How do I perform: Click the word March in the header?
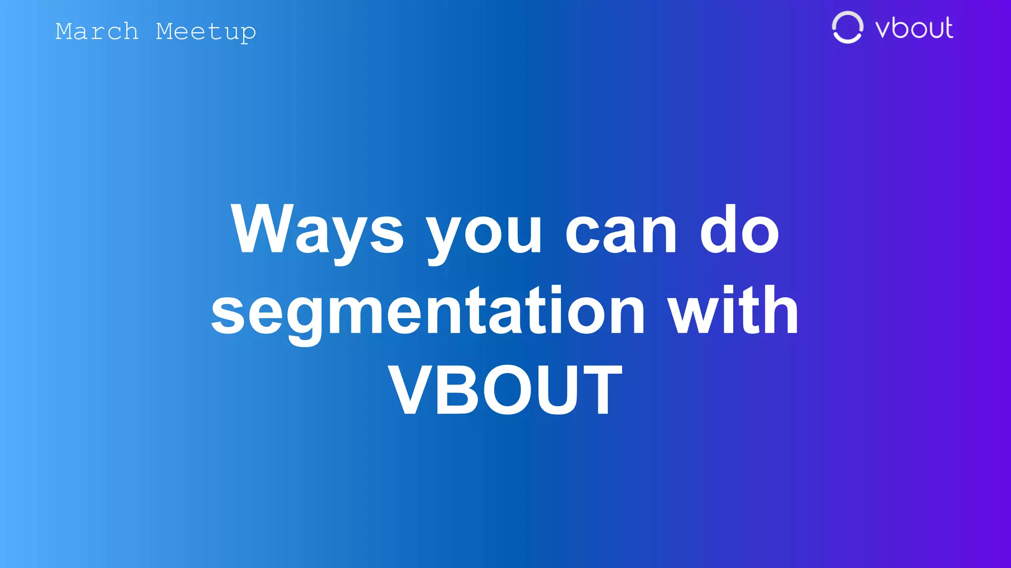(97, 32)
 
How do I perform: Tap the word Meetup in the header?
(206, 32)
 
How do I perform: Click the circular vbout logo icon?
(847, 28)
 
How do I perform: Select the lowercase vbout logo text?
(914, 28)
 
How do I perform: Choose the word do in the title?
(739, 229)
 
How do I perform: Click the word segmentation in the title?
(428, 312)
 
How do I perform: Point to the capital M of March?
(65, 32)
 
